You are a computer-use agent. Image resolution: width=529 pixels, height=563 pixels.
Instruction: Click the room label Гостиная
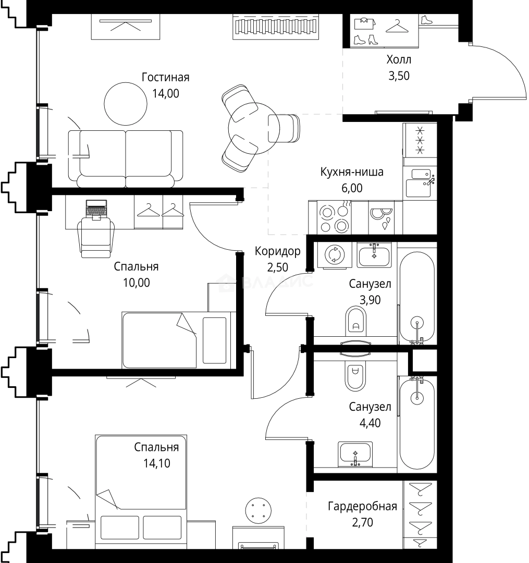pyautogui.click(x=165, y=77)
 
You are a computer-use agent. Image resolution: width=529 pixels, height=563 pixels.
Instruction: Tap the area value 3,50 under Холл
pyautogui.click(x=399, y=76)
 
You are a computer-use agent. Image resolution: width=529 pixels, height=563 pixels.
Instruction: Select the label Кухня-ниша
pyautogui.click(x=352, y=172)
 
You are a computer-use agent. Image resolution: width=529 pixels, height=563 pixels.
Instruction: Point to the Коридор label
pyautogui.click(x=277, y=251)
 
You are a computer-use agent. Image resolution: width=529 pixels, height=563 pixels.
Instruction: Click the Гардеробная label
pyautogui.click(x=362, y=506)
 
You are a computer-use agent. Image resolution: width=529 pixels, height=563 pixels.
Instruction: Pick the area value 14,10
pyautogui.click(x=157, y=463)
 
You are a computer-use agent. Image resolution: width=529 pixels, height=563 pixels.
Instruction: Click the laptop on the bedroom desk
pyautogui.click(x=96, y=209)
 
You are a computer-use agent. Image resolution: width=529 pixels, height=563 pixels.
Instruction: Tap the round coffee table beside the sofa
pyautogui.click(x=126, y=104)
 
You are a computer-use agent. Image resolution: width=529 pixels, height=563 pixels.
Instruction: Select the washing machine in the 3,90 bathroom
pyautogui.click(x=335, y=255)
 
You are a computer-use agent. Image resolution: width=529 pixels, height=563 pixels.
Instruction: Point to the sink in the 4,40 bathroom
pyautogui.click(x=355, y=454)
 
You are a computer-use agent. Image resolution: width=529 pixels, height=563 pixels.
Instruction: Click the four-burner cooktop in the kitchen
pyautogui.click(x=335, y=217)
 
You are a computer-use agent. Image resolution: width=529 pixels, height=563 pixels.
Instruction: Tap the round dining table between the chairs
pyautogui.click(x=254, y=128)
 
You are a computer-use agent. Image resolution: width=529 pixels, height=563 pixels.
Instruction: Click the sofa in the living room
pyautogui.click(x=126, y=158)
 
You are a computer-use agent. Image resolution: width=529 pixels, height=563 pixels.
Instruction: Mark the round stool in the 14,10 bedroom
pyautogui.click(x=258, y=510)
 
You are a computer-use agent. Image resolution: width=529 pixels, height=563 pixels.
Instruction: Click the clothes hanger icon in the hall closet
pyautogui.click(x=397, y=26)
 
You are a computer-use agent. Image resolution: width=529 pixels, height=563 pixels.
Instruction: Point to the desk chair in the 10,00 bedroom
pyautogui.click(x=96, y=237)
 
